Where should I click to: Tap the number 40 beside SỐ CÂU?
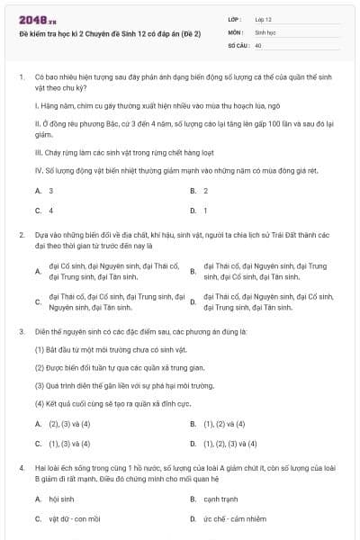tap(258, 44)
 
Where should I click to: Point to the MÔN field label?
tap(236, 31)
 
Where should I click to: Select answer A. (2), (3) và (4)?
tap(62, 424)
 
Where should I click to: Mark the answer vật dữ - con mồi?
tap(74, 518)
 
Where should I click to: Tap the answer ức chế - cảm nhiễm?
tap(234, 518)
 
